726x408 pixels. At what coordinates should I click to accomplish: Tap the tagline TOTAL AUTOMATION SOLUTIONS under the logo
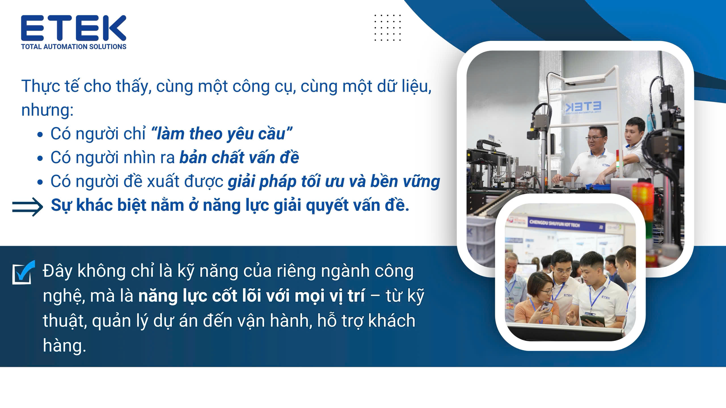click(74, 47)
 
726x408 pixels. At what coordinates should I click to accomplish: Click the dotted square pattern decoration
click(388, 27)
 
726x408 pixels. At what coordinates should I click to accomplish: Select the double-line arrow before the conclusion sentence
click(28, 207)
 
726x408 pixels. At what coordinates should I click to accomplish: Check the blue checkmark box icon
click(24, 272)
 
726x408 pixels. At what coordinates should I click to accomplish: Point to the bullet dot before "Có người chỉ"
click(40, 135)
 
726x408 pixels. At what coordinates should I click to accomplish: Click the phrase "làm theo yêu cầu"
click(221, 134)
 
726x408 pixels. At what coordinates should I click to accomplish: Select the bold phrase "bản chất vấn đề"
click(239, 158)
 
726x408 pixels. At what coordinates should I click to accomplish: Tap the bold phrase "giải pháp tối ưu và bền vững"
click(334, 182)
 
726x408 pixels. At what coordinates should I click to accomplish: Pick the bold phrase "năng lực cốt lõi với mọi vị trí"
click(252, 296)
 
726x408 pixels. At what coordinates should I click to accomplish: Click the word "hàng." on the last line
click(64, 345)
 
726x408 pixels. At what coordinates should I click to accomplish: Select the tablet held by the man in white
click(592, 320)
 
